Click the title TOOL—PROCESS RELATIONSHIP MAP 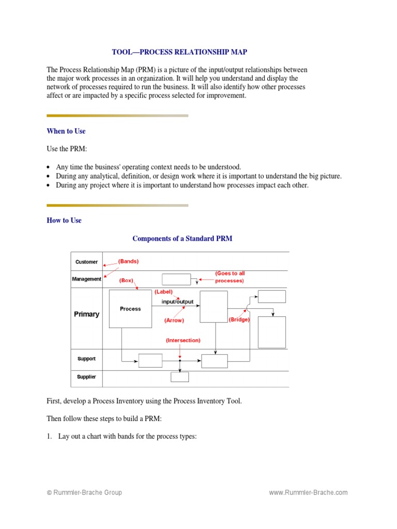coord(179,52)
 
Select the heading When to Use coord(66,131)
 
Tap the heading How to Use coord(64,220)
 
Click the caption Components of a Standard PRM coord(182,238)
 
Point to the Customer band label coord(86,262)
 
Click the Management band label coord(86,279)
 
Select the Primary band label coord(86,314)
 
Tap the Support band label coord(86,359)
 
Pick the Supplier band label coord(86,377)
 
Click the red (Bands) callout coord(128,261)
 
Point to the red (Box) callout coord(126,280)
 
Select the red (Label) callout coord(163,291)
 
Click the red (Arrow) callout coord(174,320)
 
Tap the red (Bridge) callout coord(239,320)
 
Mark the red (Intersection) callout coord(183,340)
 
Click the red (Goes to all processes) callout coord(229,276)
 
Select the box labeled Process coord(130,309)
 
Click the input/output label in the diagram coord(178,301)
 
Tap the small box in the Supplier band coord(180,377)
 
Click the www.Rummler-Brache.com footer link coord(308,493)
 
